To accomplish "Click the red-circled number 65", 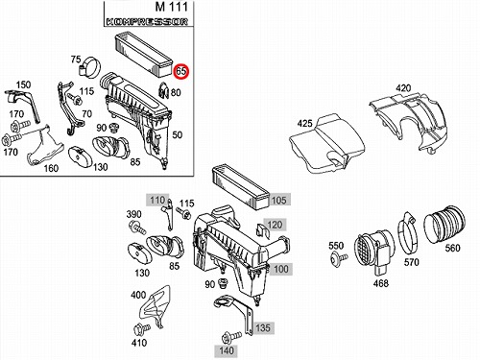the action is tap(181, 71).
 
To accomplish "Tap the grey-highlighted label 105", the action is tap(278, 201).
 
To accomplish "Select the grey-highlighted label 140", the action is tap(227, 350).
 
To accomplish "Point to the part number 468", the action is tap(381, 283).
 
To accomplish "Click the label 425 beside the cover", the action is tap(304, 123).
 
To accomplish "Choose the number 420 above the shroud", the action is tap(403, 88).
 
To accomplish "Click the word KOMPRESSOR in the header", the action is tap(147, 22).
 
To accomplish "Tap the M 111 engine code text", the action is tap(172, 7).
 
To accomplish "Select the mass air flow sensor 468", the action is tap(373, 252).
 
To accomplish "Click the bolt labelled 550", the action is tap(340, 256).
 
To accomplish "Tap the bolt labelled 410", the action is tap(142, 329).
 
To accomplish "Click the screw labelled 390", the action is tap(137, 228).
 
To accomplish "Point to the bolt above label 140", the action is tap(231, 337).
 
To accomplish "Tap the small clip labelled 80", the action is tap(163, 90).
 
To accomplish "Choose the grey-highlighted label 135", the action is tap(263, 328).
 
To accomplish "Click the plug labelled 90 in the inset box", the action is tap(112, 128).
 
